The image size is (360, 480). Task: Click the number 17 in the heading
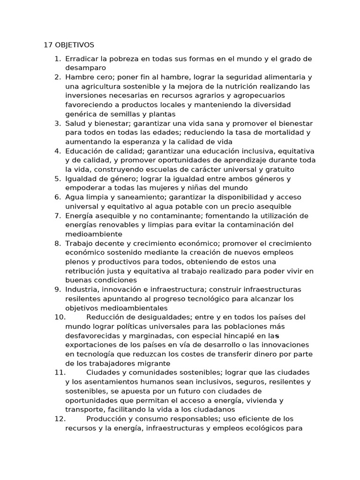[47, 45]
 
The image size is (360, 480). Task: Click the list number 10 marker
[60, 317]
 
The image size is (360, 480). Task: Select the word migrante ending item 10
[155, 363]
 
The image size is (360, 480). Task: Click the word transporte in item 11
[82, 409]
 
